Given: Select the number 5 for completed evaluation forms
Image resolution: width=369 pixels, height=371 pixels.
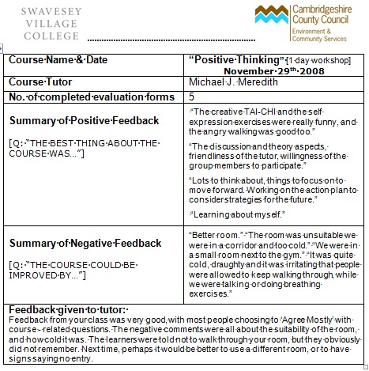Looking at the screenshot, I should pyautogui.click(x=192, y=96).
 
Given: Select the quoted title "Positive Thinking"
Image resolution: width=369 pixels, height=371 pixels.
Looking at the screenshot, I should pyautogui.click(x=238, y=59).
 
